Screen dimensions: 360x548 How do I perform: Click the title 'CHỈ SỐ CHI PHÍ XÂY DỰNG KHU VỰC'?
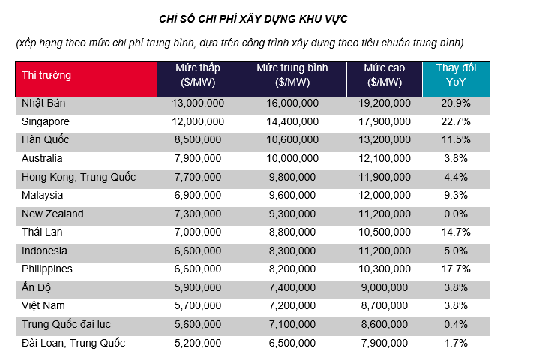coord(253,17)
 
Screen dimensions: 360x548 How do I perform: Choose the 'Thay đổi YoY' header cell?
coord(456,75)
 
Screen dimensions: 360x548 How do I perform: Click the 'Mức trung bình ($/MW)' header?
coord(292,75)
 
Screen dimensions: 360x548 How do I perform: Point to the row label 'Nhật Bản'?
coord(44,103)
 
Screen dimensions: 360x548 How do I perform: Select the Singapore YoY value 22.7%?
coord(456,121)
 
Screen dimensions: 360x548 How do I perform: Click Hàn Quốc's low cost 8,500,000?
coord(196,140)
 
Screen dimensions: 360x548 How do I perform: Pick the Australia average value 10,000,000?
coord(292,158)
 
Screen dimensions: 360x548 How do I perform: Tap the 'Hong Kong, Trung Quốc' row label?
coord(79,177)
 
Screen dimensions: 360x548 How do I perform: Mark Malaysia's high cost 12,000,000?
coord(385,196)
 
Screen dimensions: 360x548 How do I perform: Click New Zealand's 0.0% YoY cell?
coord(456,214)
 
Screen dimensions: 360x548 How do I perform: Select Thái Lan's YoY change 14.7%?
coord(456,232)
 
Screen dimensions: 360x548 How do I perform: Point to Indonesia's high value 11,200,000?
coord(385,251)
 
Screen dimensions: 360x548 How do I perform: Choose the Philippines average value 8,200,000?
coord(292,269)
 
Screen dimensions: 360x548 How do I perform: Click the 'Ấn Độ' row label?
coord(37,288)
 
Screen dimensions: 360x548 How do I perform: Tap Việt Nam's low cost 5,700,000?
coord(196,306)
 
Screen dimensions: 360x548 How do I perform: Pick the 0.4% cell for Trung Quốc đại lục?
coord(456,325)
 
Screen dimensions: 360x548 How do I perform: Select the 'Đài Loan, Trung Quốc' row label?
coord(73,343)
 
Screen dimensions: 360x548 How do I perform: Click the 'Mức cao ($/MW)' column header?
coord(385,75)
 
